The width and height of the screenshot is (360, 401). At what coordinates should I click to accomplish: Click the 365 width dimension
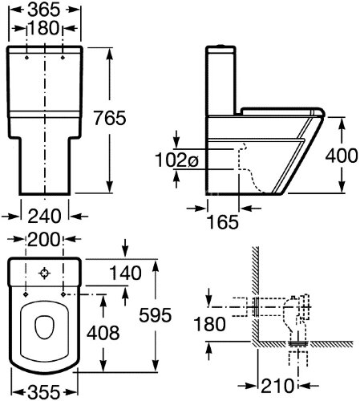click(44, 10)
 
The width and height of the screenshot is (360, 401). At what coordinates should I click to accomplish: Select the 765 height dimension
click(110, 118)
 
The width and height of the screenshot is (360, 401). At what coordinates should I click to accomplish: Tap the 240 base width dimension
click(44, 216)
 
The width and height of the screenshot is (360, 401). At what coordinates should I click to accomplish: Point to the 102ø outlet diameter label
click(176, 160)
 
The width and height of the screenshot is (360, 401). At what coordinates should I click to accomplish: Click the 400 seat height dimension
click(342, 156)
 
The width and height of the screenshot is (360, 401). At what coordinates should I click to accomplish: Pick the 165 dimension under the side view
click(223, 222)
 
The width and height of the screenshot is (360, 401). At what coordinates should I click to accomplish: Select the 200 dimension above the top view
click(44, 239)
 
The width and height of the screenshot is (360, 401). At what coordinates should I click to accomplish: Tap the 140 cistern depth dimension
click(125, 273)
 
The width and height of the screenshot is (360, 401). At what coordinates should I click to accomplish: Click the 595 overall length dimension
click(156, 315)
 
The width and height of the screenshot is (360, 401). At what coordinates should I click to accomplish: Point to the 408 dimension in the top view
click(103, 333)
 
